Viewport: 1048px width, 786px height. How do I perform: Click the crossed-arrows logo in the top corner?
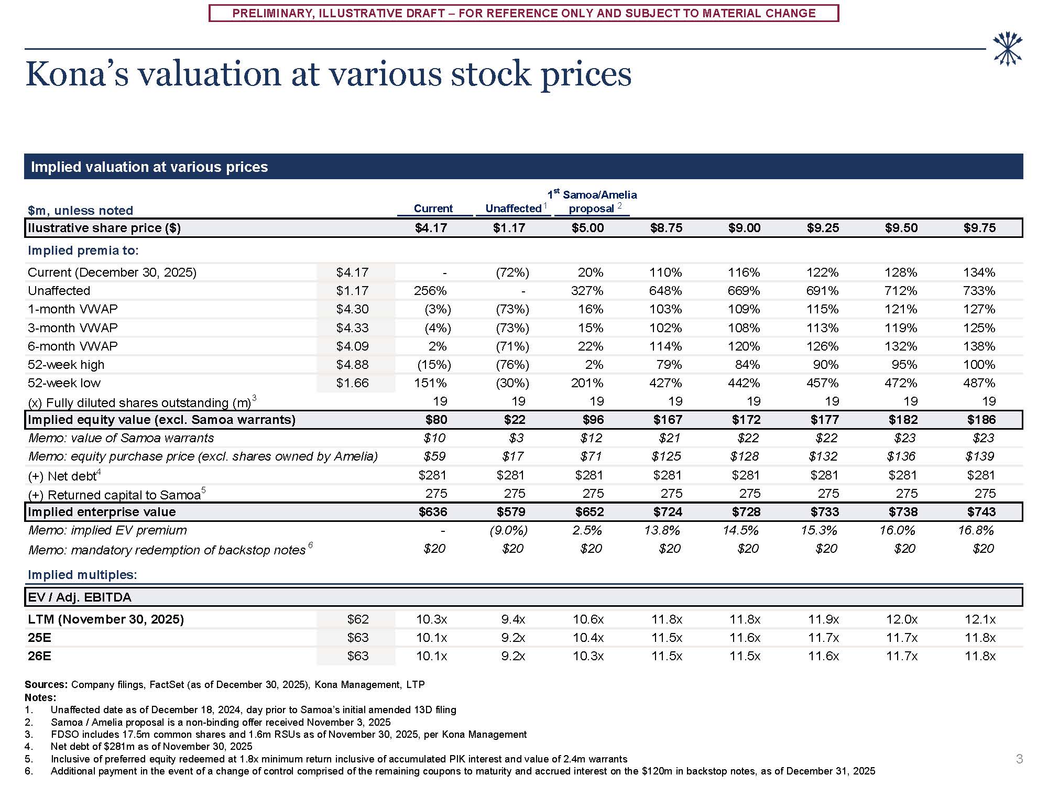[1008, 49]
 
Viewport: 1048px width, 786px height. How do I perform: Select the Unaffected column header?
[513, 209]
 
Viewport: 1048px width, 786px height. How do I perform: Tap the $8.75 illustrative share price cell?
[666, 228]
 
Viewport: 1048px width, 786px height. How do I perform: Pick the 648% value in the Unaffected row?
[665, 291]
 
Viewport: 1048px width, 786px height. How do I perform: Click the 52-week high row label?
[66, 365]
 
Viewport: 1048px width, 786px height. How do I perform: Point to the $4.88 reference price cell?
[352, 365]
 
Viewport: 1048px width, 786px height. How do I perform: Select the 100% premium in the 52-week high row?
[979, 365]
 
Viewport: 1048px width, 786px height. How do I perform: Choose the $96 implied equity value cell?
[593, 420]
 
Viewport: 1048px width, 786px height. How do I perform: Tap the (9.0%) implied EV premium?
[508, 530]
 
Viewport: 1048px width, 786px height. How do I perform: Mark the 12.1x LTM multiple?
[980, 619]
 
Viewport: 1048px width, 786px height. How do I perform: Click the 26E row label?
[40, 656]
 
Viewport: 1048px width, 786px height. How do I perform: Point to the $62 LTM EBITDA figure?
[358, 619]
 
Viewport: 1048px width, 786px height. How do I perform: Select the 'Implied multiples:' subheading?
[82, 575]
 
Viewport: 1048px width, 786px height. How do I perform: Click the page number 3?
[1019, 759]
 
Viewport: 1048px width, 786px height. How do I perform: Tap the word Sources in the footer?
[46, 684]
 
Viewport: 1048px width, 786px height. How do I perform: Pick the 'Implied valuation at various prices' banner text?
[149, 167]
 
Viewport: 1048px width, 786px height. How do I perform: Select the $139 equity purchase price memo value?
[979, 456]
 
